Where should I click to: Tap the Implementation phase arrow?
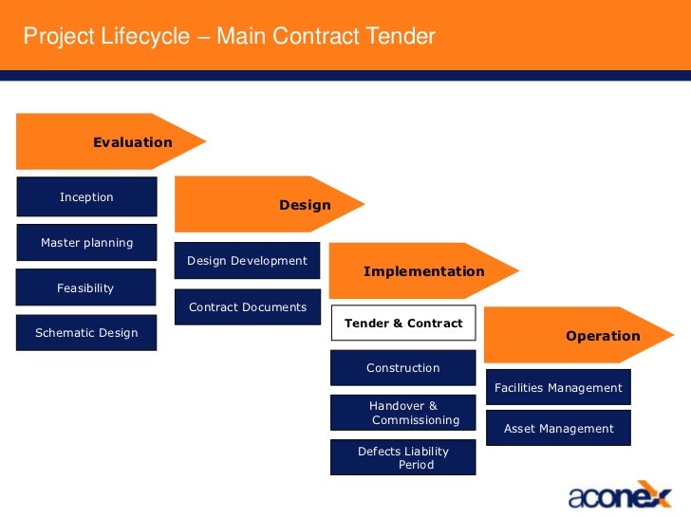pyautogui.click(x=423, y=271)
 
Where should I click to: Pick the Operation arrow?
pyautogui.click(x=578, y=336)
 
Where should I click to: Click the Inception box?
pyautogui.click(x=86, y=197)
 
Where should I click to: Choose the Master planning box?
pyautogui.click(x=86, y=243)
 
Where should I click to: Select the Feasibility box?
pyautogui.click(x=86, y=287)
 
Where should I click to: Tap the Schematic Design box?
pyautogui.click(x=86, y=333)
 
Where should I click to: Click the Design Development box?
pyautogui.click(x=247, y=261)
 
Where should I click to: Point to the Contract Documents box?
pyautogui.click(x=247, y=307)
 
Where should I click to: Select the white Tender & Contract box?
pyautogui.click(x=403, y=324)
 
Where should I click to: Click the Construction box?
pyautogui.click(x=403, y=368)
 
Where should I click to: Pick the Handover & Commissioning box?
pyautogui.click(x=403, y=413)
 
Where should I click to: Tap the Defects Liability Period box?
pyautogui.click(x=403, y=457)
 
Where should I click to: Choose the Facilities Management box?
pyautogui.click(x=558, y=387)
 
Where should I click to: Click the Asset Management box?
pyautogui.click(x=558, y=429)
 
